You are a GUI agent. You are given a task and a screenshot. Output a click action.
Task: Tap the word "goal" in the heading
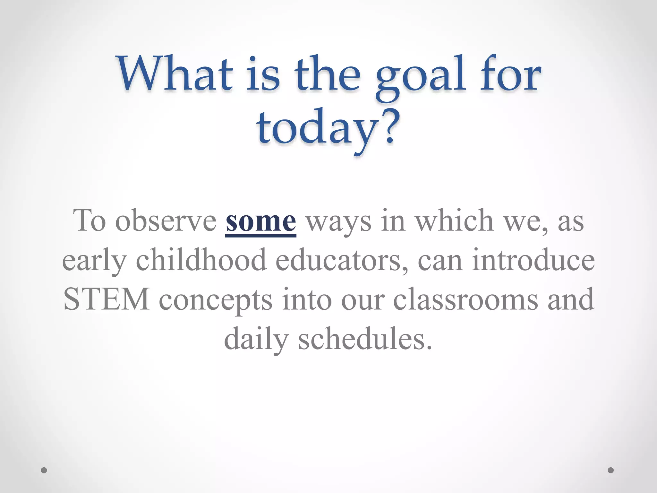421,77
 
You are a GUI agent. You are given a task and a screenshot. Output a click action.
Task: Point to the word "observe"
166,221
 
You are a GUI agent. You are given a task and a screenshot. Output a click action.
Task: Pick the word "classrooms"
465,299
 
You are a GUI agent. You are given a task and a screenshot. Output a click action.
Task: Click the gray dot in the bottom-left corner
44,470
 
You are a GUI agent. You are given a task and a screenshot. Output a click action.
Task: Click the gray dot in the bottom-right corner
611,470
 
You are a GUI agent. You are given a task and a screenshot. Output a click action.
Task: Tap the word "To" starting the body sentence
90,221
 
